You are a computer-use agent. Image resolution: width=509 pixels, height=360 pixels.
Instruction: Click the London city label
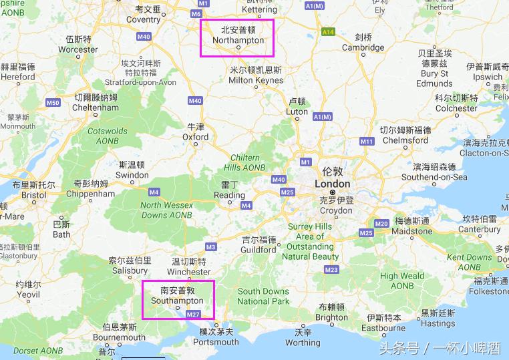tap(332, 184)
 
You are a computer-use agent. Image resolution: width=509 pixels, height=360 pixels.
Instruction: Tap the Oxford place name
tap(196, 136)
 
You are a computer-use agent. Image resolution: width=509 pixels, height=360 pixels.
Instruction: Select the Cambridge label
tap(363, 47)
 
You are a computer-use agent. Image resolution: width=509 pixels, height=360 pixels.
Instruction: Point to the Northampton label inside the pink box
tap(238, 40)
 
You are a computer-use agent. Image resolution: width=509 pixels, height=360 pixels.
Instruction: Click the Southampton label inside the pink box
tap(177, 301)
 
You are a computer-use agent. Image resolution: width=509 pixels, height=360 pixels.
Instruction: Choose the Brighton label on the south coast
tap(331, 317)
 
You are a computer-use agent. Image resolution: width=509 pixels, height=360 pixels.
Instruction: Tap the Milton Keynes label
tap(255, 80)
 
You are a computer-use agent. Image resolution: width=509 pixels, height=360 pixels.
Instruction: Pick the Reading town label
tap(229, 195)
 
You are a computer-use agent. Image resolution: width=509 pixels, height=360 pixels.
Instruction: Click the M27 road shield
tap(193, 314)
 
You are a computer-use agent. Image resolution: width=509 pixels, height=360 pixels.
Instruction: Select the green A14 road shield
tap(327, 31)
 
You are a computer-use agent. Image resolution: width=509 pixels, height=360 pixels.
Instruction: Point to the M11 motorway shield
tap(367, 141)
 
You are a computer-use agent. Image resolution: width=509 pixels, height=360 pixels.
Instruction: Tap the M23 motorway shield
tap(331, 269)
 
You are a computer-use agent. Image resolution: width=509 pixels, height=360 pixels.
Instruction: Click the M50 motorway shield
tap(53, 102)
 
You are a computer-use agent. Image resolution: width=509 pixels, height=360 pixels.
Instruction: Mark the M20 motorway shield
tap(381, 223)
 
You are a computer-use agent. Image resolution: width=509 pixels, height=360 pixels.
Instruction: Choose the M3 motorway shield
tap(210, 246)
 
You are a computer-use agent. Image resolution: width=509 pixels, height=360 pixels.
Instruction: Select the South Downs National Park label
tap(263, 296)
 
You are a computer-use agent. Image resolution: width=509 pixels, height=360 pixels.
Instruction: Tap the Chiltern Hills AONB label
tap(244, 162)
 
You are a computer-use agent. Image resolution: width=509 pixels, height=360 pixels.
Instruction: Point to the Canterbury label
tap(479, 229)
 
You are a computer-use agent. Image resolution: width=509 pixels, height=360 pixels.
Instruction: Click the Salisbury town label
tap(130, 271)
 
